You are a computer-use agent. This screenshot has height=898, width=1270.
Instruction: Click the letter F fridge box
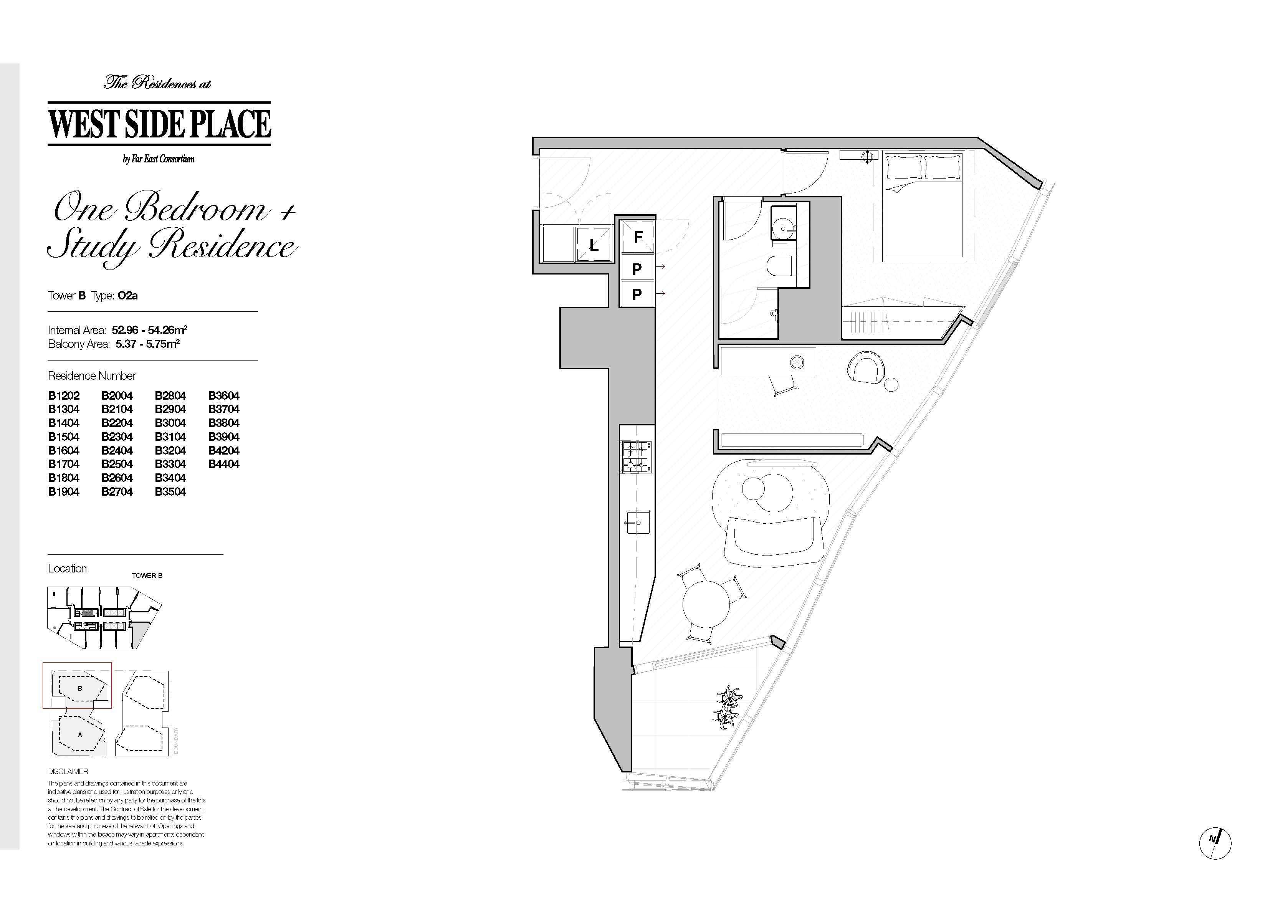[x=637, y=237]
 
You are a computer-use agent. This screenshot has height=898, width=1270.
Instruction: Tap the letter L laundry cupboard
[x=594, y=245]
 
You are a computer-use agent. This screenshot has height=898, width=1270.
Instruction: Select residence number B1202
[x=64, y=395]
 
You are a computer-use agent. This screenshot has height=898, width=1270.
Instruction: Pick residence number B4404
[x=223, y=464]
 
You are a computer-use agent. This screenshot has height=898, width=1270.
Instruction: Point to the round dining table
[x=706, y=603]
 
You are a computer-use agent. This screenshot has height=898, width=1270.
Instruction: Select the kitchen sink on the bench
[x=637, y=522]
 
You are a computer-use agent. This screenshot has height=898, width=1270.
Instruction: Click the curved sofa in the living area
[x=773, y=541]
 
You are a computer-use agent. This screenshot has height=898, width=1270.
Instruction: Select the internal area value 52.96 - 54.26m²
[x=149, y=330]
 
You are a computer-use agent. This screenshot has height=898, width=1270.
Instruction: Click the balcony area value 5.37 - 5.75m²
[x=148, y=344]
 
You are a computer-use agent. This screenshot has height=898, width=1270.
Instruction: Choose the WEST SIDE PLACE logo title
[x=159, y=124]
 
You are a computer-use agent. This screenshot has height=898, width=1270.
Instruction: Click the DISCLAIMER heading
[x=68, y=771]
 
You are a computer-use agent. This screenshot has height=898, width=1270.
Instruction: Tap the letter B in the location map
[x=80, y=688]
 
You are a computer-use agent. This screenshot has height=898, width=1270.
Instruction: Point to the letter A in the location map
[x=80, y=735]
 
